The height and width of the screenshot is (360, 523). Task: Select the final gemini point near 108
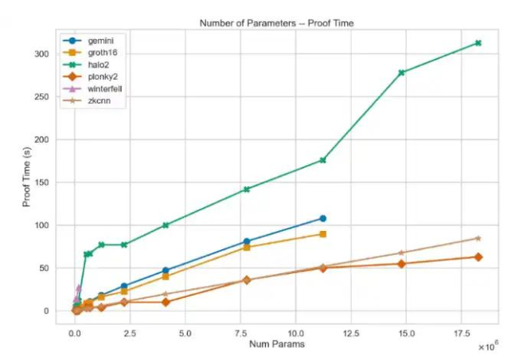click(322, 218)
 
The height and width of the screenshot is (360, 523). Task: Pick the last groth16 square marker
click(322, 234)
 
